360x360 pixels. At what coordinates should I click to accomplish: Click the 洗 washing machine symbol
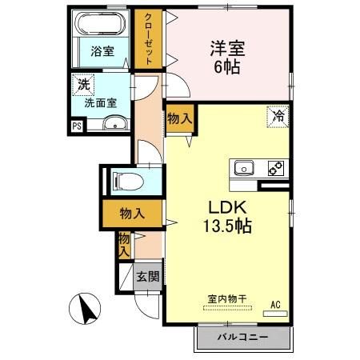click(82, 82)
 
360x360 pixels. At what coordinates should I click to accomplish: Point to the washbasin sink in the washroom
click(116, 122)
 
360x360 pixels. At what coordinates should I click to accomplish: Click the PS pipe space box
click(76, 125)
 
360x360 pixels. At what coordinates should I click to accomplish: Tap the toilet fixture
click(126, 180)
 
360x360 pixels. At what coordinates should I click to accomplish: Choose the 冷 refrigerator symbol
click(278, 115)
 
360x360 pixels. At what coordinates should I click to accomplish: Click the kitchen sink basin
click(243, 168)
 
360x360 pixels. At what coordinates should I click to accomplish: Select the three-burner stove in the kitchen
click(274, 168)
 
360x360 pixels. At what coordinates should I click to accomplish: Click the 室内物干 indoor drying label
click(227, 299)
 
